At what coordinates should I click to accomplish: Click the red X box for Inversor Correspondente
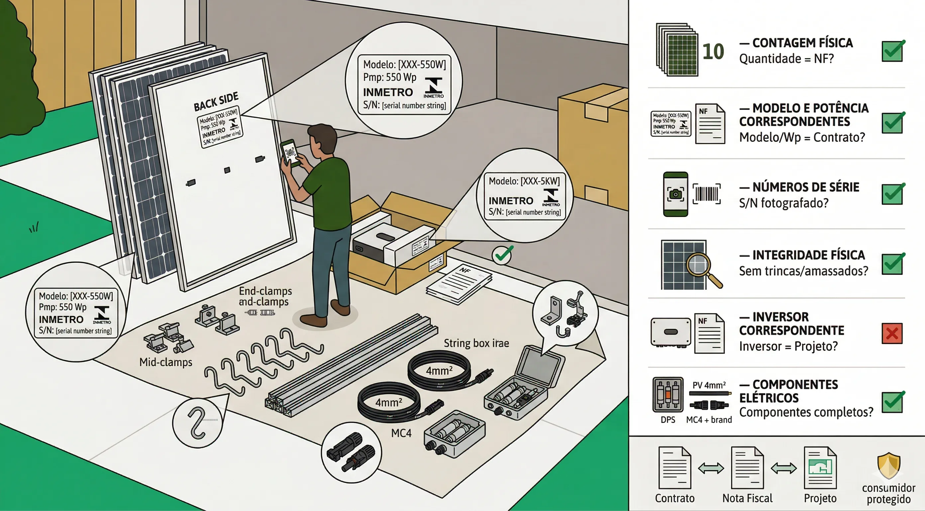(x=892, y=333)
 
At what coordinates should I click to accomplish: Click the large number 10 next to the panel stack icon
(x=713, y=52)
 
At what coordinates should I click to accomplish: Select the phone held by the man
(x=290, y=153)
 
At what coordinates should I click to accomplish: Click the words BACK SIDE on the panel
(x=216, y=101)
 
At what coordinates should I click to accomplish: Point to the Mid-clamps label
(x=165, y=362)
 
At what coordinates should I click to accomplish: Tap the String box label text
(x=476, y=343)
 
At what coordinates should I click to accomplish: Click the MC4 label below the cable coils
(x=401, y=433)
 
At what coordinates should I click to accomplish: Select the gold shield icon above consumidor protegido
(x=889, y=465)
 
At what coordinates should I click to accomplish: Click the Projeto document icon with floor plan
(x=820, y=467)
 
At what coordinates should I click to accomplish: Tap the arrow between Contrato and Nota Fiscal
(x=711, y=468)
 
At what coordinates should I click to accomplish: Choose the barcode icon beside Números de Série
(x=706, y=194)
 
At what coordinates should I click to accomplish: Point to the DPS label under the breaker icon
(x=668, y=420)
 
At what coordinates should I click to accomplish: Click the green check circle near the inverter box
(x=502, y=255)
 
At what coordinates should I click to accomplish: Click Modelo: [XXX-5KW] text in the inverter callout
(x=524, y=181)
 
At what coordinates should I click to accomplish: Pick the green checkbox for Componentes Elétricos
(x=892, y=402)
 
